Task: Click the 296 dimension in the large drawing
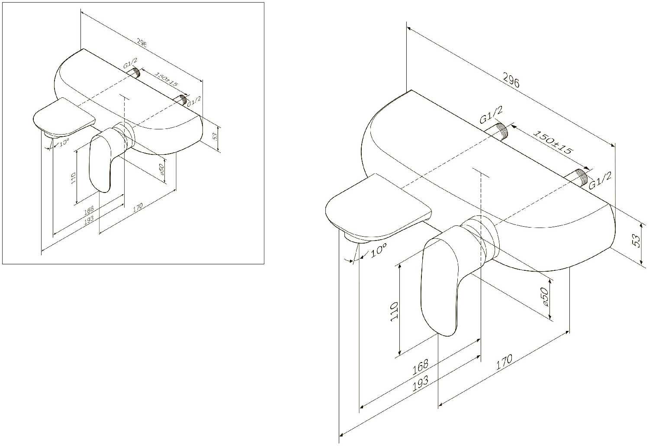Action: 511,81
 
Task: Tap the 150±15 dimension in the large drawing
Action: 552,142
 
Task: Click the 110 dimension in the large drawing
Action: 394,311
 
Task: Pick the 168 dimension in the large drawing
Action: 420,367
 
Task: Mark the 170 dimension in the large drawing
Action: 504,362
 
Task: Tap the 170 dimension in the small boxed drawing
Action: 138,208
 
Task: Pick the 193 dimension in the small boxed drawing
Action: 89,219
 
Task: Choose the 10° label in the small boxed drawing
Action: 64,142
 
